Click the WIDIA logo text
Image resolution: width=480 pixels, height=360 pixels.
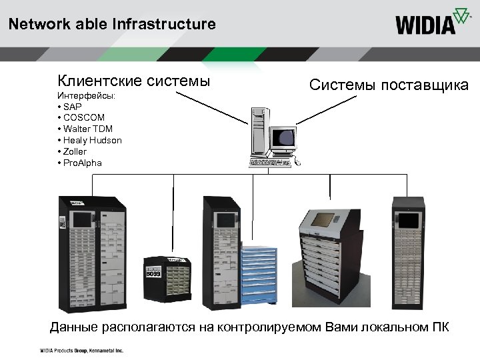(x=425, y=25)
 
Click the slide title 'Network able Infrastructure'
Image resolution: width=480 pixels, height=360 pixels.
(x=112, y=25)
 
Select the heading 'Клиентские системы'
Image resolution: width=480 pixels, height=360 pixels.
(x=133, y=81)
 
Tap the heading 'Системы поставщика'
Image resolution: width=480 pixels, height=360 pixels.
(x=389, y=85)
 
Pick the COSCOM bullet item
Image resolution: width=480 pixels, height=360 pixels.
(x=81, y=118)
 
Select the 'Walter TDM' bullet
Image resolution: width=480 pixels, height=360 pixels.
(x=87, y=129)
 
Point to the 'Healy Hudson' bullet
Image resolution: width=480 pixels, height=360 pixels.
(x=92, y=140)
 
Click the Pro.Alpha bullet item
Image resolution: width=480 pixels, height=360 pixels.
(x=82, y=163)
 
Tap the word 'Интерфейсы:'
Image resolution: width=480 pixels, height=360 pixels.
(x=86, y=96)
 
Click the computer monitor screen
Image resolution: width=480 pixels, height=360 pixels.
(x=286, y=139)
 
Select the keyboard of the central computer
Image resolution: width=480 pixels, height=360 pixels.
(x=270, y=163)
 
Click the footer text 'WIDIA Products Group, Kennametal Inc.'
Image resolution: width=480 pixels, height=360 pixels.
(x=81, y=350)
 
